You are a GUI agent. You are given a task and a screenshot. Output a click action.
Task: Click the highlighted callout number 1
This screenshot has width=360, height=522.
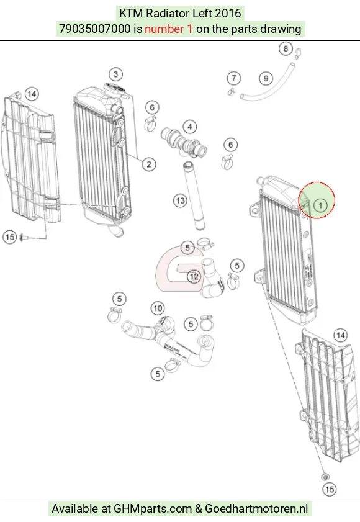tap(320, 205)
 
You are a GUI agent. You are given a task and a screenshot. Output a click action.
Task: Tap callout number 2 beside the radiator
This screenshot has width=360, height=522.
tap(149, 164)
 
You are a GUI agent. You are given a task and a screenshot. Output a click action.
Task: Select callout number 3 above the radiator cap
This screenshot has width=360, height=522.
tap(115, 74)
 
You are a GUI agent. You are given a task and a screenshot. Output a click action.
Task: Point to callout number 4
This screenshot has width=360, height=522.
tap(190, 127)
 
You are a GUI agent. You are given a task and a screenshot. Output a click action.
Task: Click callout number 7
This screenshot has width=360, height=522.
tap(234, 79)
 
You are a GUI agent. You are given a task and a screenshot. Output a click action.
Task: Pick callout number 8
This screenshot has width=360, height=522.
tap(286, 49)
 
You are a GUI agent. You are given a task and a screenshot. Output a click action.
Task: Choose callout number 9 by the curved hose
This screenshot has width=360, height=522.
tap(266, 79)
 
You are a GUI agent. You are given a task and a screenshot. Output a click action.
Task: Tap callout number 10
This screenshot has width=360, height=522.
tap(158, 308)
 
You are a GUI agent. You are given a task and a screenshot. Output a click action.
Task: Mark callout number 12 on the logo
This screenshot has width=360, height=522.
tap(194, 276)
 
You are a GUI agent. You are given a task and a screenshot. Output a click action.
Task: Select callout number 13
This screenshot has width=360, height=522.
tap(180, 200)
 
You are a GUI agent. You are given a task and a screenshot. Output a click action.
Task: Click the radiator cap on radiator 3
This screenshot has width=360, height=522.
tap(115, 89)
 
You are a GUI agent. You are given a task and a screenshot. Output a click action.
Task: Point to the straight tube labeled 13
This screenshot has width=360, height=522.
tap(194, 196)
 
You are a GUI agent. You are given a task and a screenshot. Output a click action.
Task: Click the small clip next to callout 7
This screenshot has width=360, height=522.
tap(232, 91)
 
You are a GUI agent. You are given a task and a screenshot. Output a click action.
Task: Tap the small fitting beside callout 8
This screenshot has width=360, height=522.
tap(299, 52)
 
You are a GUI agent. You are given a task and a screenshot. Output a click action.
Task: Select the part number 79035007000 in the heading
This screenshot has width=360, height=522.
tap(94, 29)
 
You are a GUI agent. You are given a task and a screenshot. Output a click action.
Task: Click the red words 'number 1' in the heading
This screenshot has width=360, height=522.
tap(168, 29)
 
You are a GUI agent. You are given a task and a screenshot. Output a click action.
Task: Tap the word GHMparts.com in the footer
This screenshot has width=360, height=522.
tap(153, 509)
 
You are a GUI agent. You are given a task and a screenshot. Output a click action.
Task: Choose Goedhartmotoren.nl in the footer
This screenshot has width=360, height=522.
tap(256, 509)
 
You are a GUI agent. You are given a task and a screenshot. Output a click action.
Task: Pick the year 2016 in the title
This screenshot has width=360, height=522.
tap(228, 13)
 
